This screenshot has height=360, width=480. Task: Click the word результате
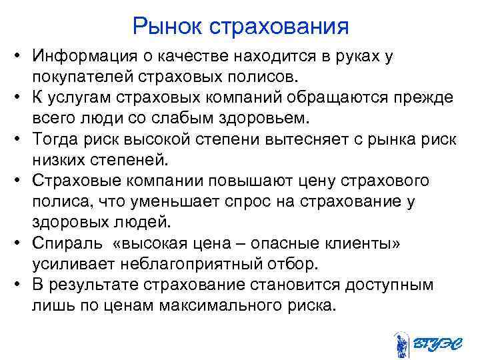(95, 285)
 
